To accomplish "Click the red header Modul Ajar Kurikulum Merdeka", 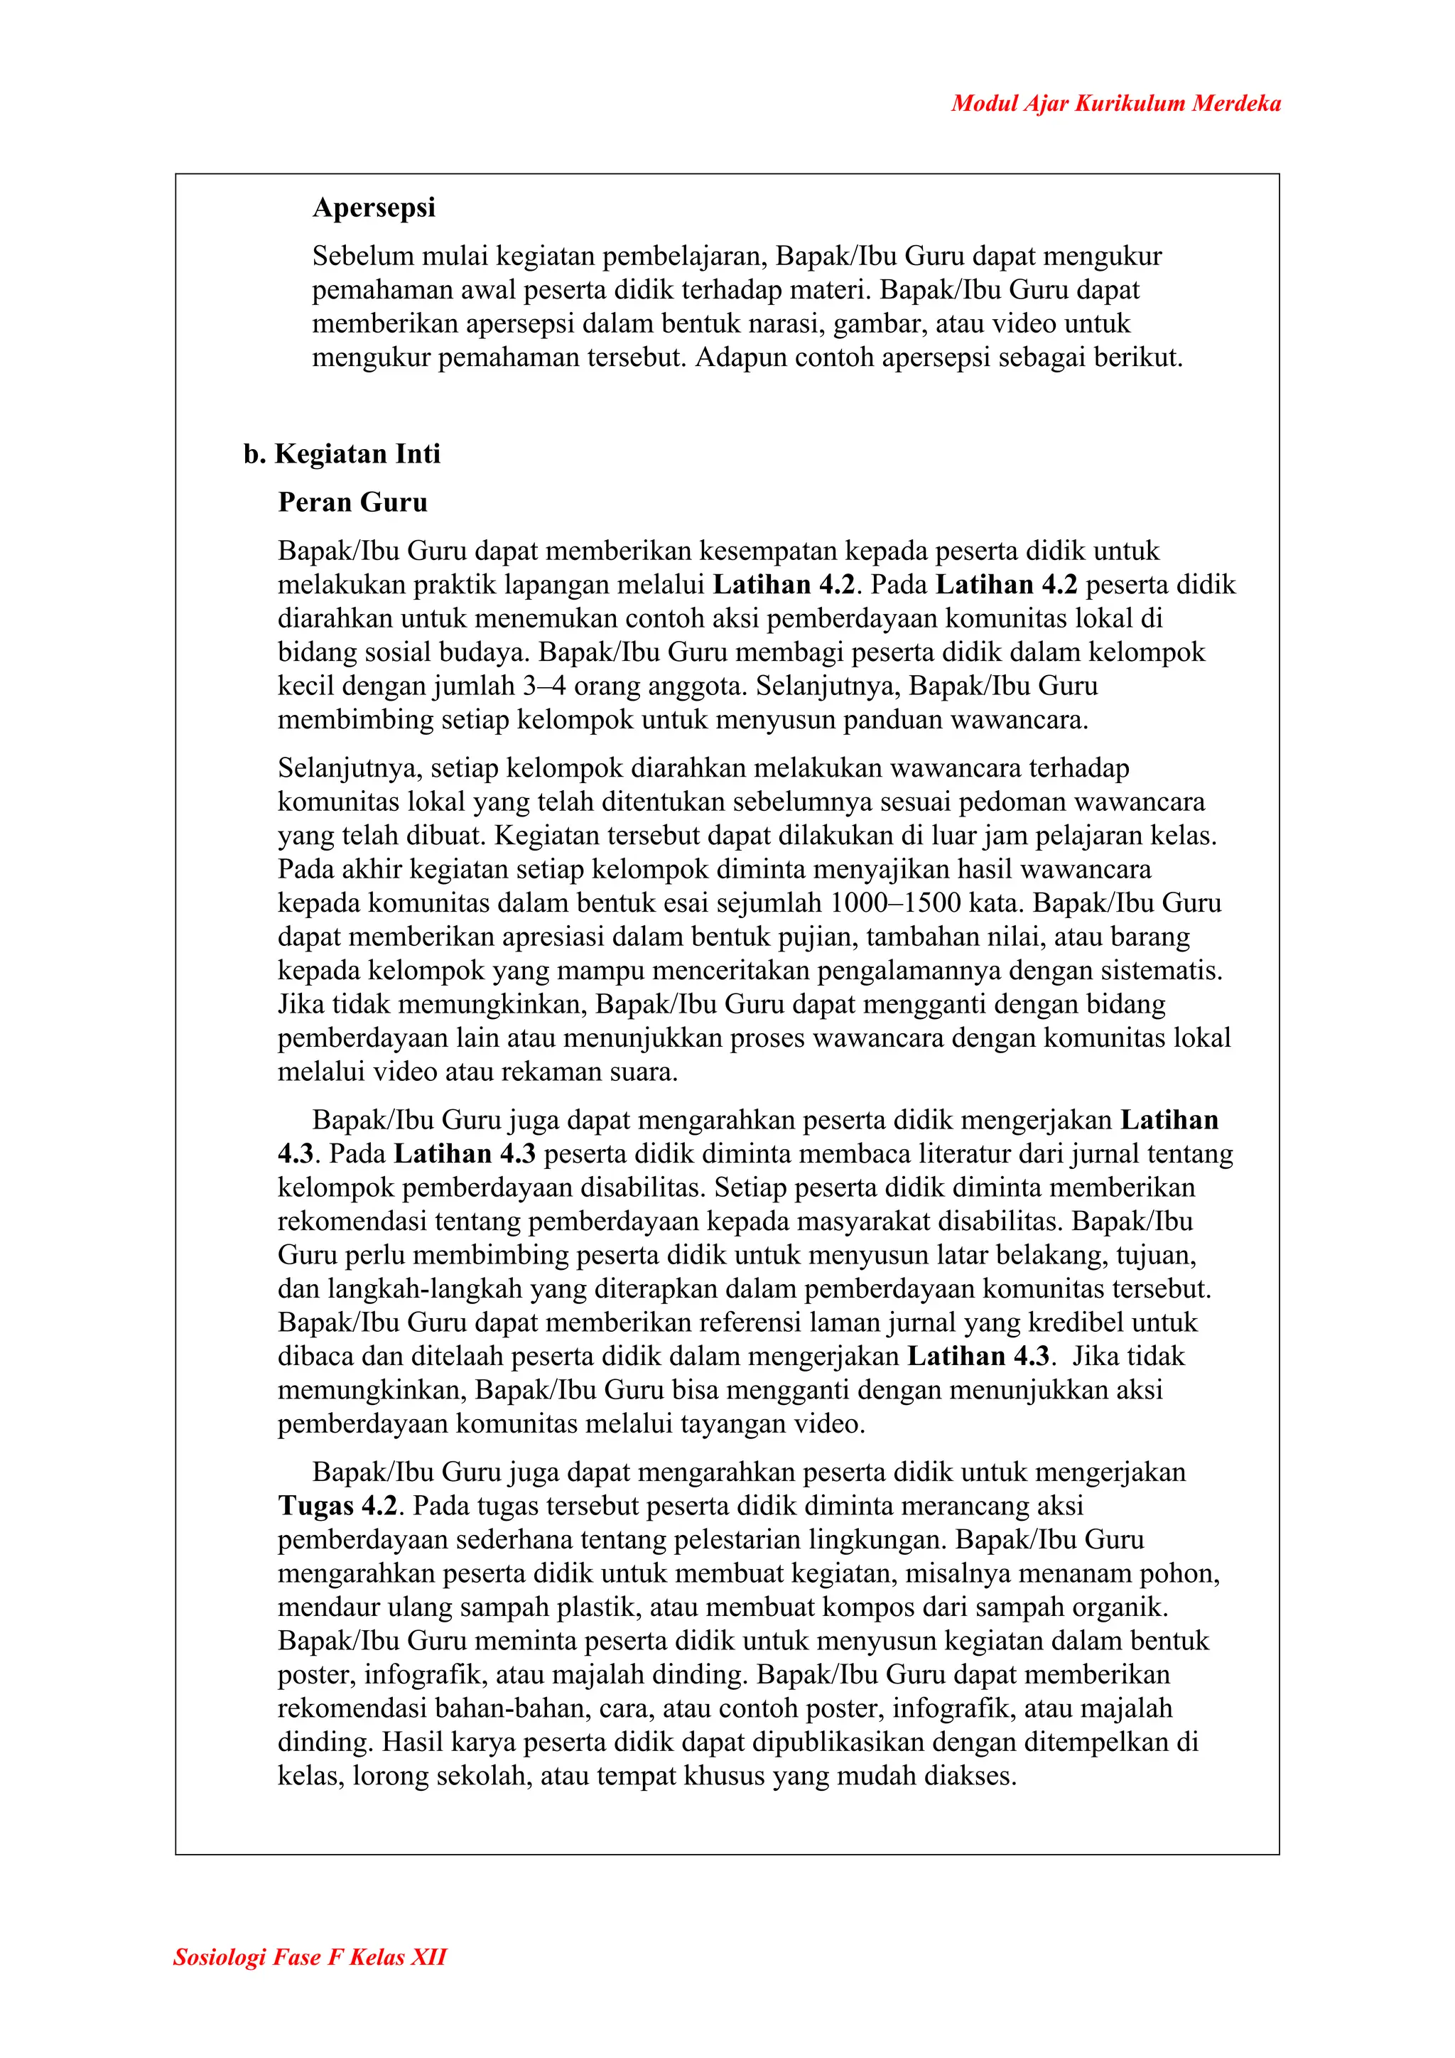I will point(1115,103).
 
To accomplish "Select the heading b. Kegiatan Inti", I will point(341,453).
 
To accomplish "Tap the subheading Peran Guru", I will point(352,502).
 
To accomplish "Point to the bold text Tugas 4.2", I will point(337,1506).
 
